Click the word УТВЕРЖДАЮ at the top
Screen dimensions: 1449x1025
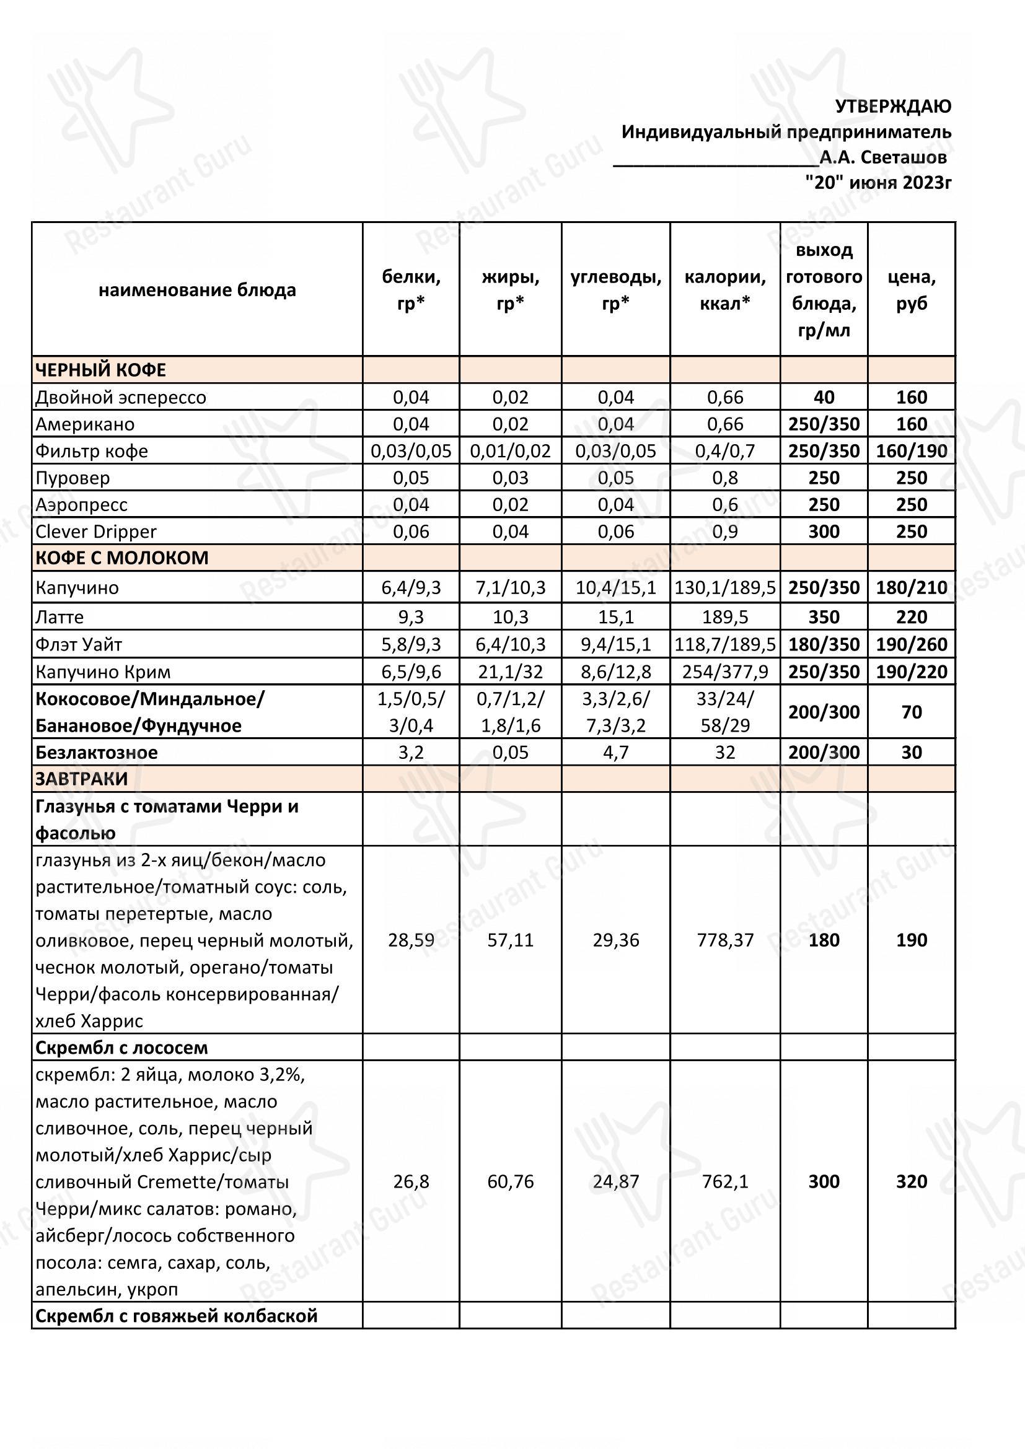pos(892,107)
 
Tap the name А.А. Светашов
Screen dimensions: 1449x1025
pos(883,157)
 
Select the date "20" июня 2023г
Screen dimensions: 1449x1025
pos(878,182)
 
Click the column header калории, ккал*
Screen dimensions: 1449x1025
pos(724,290)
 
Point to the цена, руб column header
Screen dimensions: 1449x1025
pos(912,290)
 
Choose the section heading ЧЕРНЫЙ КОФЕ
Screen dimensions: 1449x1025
pos(100,370)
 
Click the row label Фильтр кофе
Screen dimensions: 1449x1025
pos(92,451)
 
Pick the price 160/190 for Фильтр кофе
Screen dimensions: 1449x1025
pos(912,451)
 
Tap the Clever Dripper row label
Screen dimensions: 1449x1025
pos(95,532)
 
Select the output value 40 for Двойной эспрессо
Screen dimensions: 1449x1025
pos(824,397)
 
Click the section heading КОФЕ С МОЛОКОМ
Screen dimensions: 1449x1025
pos(121,558)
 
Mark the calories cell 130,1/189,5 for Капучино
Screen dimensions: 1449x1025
pos(724,587)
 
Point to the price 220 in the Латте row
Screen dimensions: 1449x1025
pos(912,616)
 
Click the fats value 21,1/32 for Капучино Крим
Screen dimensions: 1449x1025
pos(510,672)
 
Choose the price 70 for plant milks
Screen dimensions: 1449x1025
pos(912,712)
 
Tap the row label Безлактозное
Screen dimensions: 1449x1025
pos(96,752)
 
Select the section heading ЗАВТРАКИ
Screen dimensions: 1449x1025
pos(81,779)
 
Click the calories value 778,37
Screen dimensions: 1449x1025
pos(724,940)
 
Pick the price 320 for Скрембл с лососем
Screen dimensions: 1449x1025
pos(912,1181)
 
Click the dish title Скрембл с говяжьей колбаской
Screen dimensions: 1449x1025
pos(176,1316)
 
